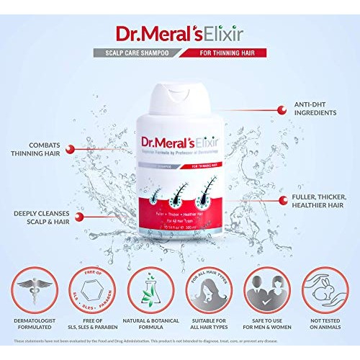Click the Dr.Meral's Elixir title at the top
tap(179, 34)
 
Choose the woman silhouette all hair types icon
tap(209, 292)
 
